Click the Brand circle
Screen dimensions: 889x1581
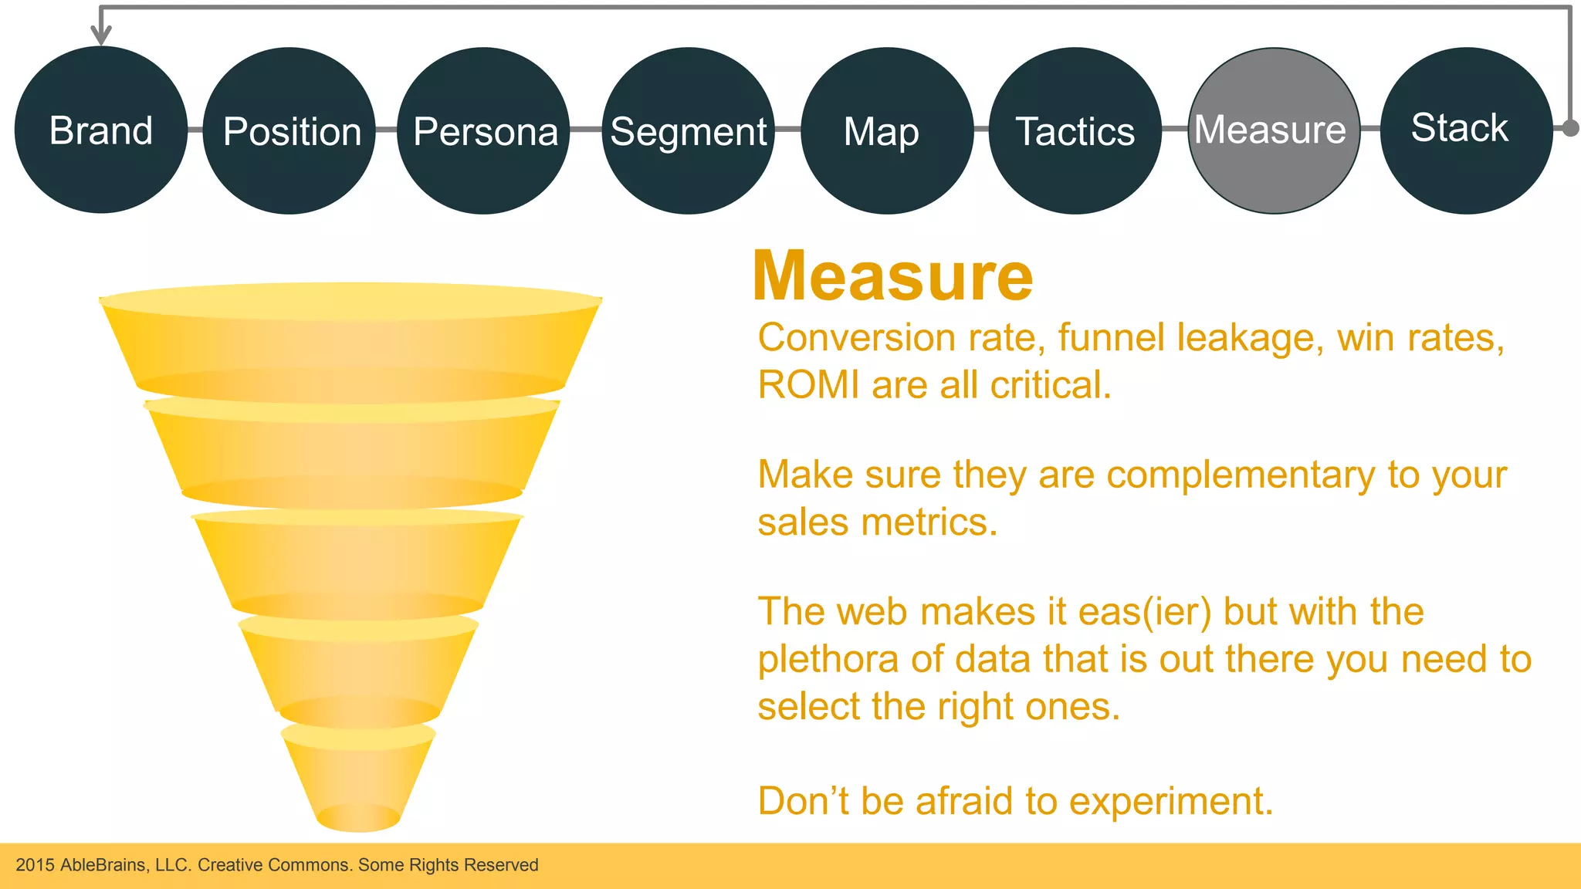tap(101, 130)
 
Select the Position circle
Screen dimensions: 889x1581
tap(289, 131)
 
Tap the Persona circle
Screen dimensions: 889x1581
tap(484, 131)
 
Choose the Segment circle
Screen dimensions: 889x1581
tap(688, 131)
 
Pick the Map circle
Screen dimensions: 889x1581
tap(887, 131)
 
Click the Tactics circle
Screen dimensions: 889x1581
tap(1075, 131)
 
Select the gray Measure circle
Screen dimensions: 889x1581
tap(1274, 131)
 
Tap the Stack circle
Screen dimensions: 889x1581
tap(1465, 130)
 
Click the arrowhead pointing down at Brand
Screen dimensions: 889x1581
tap(101, 35)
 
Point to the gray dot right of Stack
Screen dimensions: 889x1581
tap(1570, 128)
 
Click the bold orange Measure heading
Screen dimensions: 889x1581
tap(892, 276)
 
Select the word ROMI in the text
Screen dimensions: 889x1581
tap(807, 385)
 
